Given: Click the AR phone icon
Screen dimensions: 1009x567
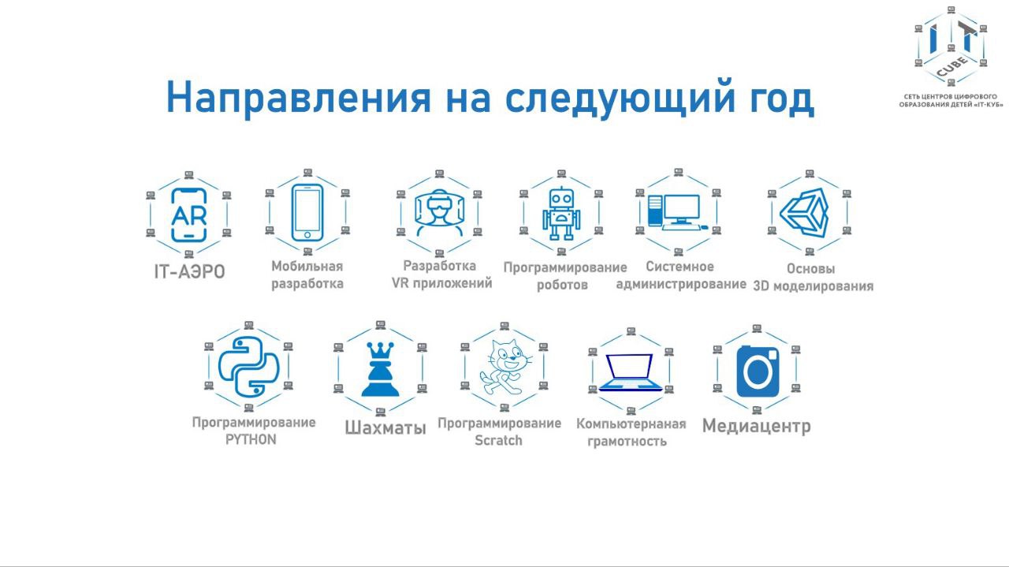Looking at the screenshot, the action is [x=189, y=215].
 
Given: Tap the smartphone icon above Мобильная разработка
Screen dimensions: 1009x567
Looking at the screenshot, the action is [x=307, y=213].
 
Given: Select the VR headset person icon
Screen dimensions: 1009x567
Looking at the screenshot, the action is [x=439, y=213].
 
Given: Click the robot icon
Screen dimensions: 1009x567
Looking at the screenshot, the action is [x=560, y=213].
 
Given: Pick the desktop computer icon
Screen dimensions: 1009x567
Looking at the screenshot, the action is [x=677, y=212].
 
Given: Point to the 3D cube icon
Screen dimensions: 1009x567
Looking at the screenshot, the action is [x=806, y=213].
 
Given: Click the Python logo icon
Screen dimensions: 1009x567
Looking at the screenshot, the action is [x=248, y=367].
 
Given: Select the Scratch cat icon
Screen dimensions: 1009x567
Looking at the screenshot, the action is [x=504, y=367].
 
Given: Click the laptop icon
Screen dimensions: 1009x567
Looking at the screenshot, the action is [x=631, y=372].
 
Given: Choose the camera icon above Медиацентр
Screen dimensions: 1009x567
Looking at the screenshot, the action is [x=758, y=371].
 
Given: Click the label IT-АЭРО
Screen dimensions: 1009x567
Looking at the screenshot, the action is [x=189, y=272].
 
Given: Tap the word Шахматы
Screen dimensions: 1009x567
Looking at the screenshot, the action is [x=385, y=427].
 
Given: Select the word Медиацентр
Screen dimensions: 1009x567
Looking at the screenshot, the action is [x=756, y=426].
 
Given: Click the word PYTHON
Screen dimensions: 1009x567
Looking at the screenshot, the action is [x=251, y=439].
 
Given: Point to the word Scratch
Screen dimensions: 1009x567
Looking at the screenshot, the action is [x=498, y=440].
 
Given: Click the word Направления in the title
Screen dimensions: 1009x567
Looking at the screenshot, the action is [x=299, y=98].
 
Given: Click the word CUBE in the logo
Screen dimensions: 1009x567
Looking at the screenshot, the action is [x=951, y=66].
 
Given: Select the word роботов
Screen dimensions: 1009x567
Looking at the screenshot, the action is [x=562, y=285].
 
